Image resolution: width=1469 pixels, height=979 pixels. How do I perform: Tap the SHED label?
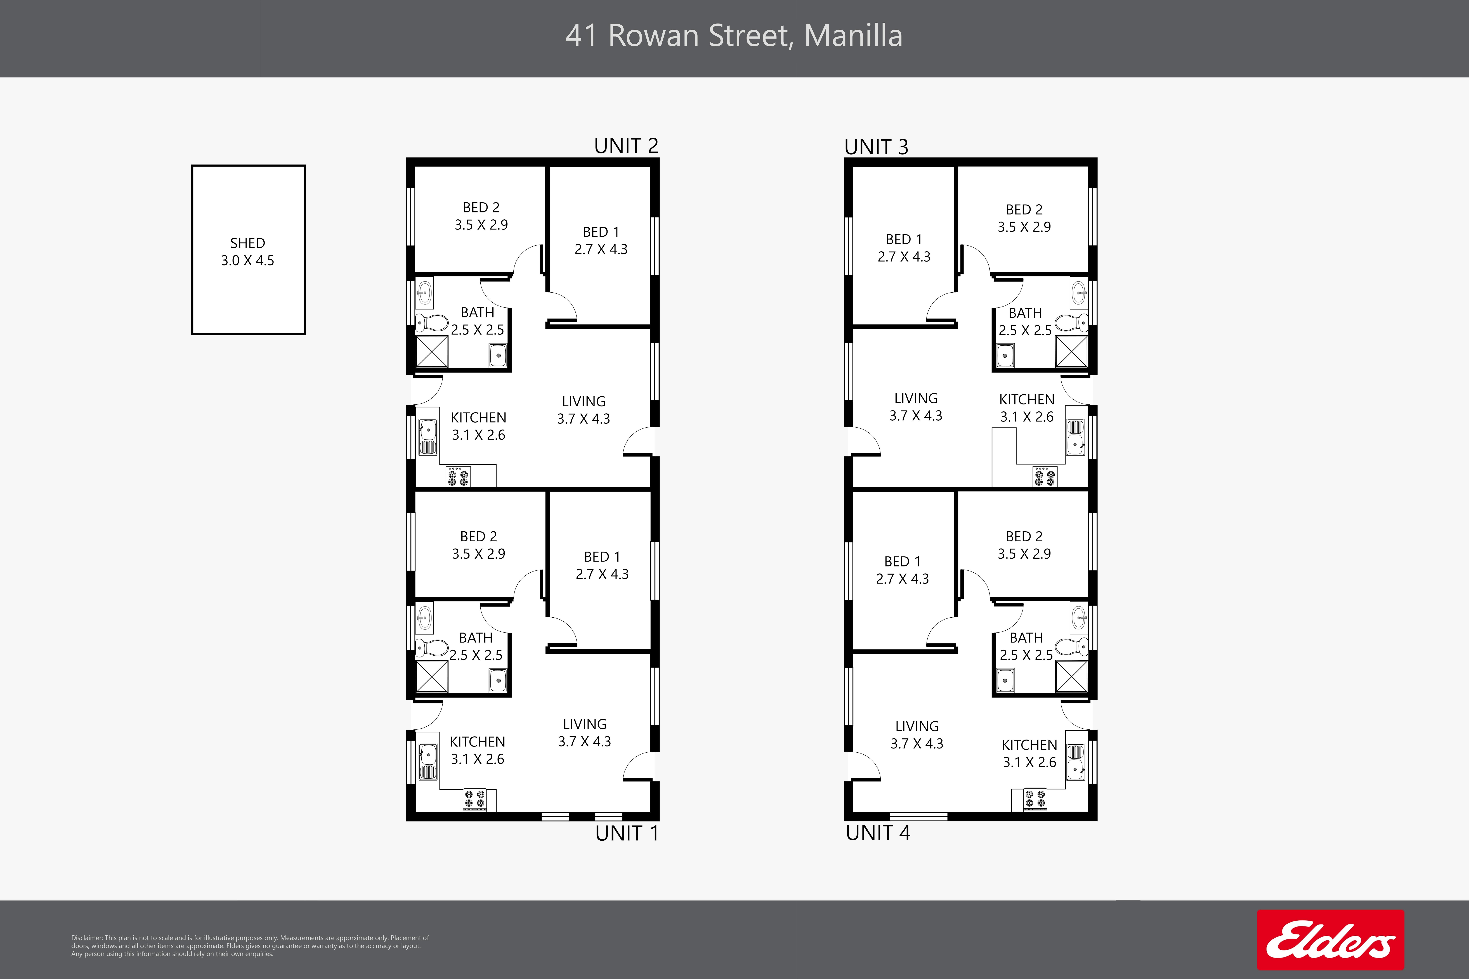tap(247, 243)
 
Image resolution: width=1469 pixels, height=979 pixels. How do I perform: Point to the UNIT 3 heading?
tap(876, 147)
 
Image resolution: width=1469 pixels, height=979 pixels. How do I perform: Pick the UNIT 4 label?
tap(878, 832)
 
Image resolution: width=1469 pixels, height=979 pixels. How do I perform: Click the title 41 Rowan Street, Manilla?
tap(734, 36)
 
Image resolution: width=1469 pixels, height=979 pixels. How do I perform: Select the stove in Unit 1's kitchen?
tap(475, 800)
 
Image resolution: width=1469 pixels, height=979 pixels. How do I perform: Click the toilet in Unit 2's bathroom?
tap(432, 323)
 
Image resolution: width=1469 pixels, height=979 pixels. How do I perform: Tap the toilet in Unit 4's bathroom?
tap(1072, 646)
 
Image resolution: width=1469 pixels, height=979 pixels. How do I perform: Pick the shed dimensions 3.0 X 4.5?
tap(247, 260)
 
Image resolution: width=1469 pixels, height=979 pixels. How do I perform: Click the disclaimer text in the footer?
tap(250, 946)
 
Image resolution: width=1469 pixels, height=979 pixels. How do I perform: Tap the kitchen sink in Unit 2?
tap(428, 437)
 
